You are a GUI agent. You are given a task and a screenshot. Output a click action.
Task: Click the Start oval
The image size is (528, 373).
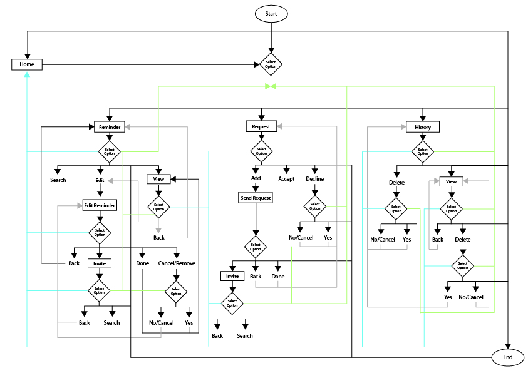271,13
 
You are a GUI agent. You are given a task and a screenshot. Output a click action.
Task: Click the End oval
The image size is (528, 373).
507,357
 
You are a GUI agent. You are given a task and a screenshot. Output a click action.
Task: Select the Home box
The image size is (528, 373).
26,64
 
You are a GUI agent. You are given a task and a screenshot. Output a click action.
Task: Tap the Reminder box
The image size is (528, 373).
110,127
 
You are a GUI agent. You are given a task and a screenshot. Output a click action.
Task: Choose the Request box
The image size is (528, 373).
261,126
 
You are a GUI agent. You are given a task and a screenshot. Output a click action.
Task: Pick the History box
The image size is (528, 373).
423,127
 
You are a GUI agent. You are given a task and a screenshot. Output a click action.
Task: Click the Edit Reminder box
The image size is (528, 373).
100,205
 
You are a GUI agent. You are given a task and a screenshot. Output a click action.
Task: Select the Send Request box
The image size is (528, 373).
255,197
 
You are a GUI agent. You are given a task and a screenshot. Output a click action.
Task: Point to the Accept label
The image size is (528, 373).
286,179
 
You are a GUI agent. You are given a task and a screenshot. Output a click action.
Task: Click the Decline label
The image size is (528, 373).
314,179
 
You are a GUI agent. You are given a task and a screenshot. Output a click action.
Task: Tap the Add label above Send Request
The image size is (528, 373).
256,178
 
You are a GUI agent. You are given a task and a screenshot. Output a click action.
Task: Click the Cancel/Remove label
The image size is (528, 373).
177,263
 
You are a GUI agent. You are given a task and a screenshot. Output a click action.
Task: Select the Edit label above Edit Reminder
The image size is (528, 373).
99,180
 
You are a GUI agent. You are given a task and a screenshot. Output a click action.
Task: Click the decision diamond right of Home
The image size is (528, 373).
271,64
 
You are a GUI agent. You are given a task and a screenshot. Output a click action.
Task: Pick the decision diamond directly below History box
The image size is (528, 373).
423,151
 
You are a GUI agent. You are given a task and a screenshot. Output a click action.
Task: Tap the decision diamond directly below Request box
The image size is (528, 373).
261,151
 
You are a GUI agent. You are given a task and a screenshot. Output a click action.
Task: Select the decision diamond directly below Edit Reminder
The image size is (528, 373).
100,232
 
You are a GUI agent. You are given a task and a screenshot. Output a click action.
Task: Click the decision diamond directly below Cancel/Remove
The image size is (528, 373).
176,291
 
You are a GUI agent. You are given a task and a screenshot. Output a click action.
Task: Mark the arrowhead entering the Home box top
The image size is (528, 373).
26,54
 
